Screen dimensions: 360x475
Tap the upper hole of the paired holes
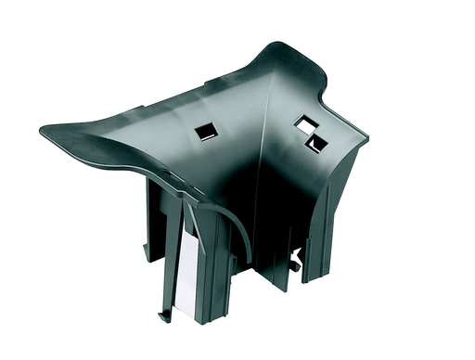point(304,122)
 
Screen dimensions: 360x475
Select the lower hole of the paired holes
point(317,141)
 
